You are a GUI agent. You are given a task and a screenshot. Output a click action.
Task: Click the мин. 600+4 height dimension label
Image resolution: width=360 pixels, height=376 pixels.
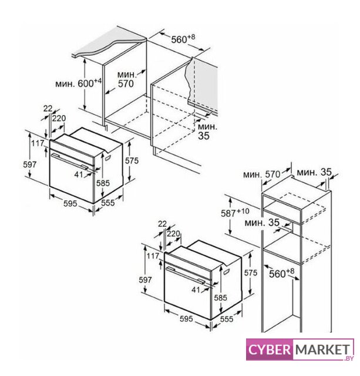(x=78, y=83)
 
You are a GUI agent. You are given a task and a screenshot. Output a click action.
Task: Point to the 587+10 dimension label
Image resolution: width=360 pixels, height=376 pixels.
(x=235, y=213)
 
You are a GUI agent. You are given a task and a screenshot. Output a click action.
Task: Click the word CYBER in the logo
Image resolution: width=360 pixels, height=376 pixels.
(x=269, y=350)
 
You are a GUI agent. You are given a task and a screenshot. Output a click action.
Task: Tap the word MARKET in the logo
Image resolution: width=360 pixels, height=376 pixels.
(x=322, y=350)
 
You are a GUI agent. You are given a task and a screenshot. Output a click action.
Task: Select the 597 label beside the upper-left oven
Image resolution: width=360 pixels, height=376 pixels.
(x=30, y=164)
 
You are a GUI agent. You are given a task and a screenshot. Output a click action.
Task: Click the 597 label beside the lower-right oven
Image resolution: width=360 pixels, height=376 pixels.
(x=145, y=280)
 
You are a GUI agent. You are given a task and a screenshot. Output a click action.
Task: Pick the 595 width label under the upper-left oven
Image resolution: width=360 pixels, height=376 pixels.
(x=70, y=204)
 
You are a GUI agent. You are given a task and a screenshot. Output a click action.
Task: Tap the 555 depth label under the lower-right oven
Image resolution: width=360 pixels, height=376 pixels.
(x=227, y=318)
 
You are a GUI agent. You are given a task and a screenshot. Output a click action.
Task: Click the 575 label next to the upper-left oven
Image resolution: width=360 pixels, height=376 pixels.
(x=132, y=160)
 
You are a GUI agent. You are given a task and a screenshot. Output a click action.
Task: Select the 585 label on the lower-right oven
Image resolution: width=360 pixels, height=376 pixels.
(x=220, y=298)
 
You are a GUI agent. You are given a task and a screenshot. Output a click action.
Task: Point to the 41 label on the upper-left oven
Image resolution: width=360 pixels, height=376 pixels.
(x=79, y=174)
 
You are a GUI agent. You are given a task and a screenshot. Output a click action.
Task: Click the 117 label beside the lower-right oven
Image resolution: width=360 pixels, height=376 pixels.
(x=153, y=256)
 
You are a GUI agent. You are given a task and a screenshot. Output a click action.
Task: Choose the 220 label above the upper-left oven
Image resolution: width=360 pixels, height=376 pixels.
(x=59, y=118)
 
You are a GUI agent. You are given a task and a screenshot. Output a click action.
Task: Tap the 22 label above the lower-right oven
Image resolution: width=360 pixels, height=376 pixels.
(x=162, y=224)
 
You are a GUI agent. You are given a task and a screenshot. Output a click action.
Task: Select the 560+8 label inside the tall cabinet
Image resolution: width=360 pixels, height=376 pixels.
(x=281, y=273)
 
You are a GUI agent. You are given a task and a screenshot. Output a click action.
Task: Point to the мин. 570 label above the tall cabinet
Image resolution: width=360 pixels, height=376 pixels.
(x=261, y=174)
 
